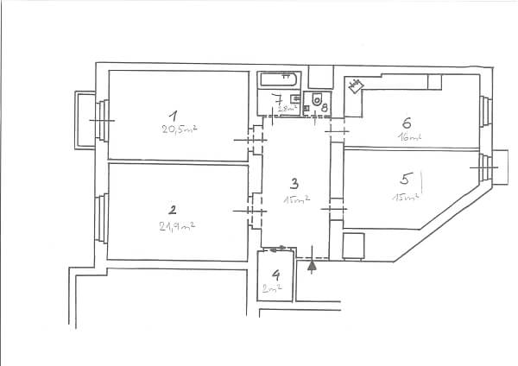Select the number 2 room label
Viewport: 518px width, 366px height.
tap(173, 209)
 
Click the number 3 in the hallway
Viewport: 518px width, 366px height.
tap(294, 183)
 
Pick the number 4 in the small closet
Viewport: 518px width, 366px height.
tap(276, 275)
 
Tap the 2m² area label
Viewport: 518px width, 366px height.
tap(274, 290)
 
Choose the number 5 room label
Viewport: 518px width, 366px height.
tap(404, 180)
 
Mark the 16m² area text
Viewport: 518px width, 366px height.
tap(408, 137)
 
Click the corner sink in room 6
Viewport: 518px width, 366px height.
tap(356, 85)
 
